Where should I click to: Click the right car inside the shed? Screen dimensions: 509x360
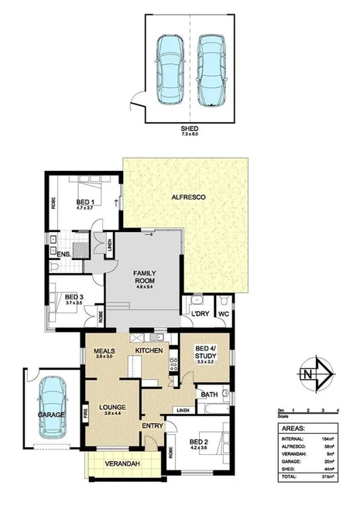point(211,69)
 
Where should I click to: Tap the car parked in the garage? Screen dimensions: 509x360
point(52,406)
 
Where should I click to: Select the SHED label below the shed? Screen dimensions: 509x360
point(190,128)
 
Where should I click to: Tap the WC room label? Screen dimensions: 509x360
point(224,313)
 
